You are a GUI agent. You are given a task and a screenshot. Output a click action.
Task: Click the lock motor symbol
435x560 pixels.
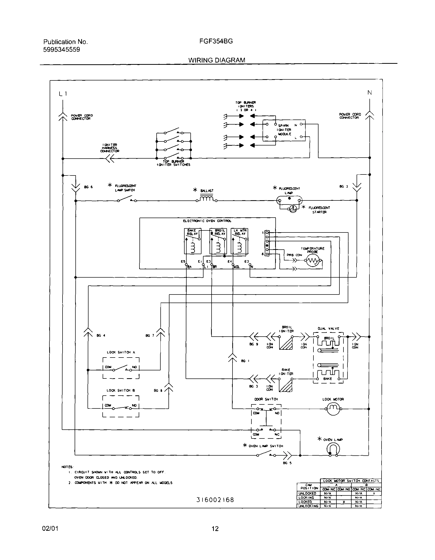(x=333, y=409)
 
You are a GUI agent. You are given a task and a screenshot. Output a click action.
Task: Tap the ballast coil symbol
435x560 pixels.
(x=207, y=199)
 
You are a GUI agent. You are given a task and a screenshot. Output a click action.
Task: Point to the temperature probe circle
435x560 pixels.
(x=313, y=261)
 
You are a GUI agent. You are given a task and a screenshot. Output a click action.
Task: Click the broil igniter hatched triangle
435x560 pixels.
(x=286, y=343)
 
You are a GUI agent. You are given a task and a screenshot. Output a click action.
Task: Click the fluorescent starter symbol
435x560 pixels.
(x=293, y=209)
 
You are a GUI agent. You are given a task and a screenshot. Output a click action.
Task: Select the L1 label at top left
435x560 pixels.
(x=63, y=94)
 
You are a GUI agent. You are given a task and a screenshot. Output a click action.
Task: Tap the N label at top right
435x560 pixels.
(x=369, y=93)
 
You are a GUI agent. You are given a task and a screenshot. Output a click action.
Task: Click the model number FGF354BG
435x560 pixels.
(x=216, y=41)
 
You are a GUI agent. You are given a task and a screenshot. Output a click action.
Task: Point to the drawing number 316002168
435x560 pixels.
(x=215, y=500)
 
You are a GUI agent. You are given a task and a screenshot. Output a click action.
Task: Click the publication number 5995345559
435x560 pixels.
(x=62, y=49)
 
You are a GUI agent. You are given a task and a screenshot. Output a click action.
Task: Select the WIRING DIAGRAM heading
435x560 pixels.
(x=217, y=60)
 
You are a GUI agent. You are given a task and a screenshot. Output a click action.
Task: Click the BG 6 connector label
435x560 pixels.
(x=88, y=187)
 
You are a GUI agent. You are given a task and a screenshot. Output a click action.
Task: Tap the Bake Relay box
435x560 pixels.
(x=193, y=241)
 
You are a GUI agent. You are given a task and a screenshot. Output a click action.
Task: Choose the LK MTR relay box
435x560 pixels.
(x=240, y=241)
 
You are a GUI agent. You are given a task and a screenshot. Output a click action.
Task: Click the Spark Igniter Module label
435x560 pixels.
(x=284, y=130)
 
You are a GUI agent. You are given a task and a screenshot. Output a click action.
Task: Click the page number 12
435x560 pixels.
(x=215, y=529)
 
